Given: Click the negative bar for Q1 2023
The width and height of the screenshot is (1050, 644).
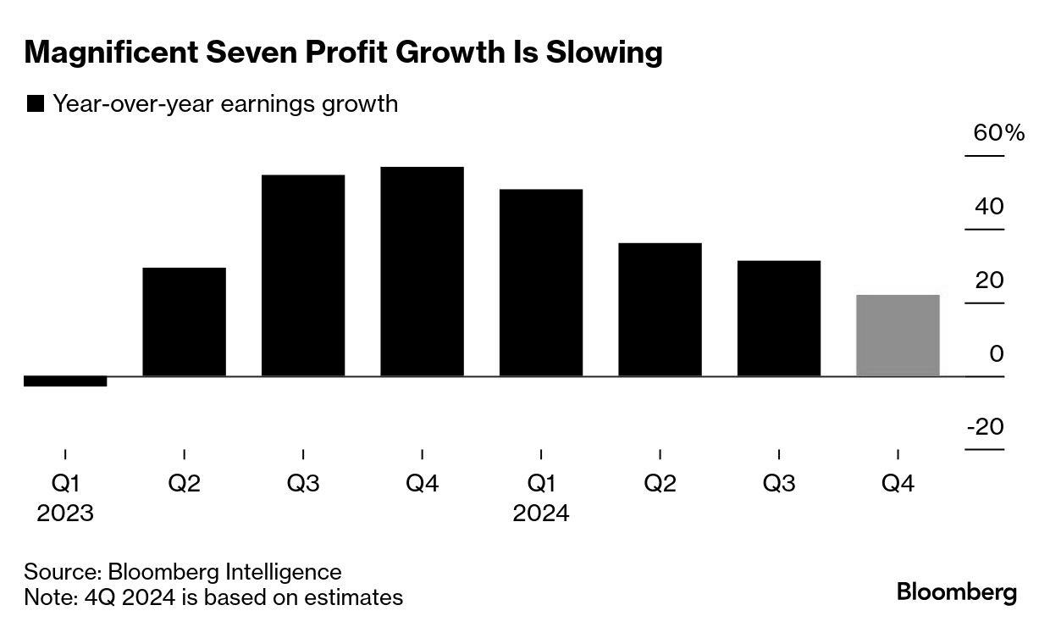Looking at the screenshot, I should [x=65, y=381].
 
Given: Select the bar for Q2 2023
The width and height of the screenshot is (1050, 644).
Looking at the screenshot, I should [x=185, y=322].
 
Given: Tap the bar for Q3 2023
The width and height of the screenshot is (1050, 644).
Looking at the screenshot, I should [x=303, y=275].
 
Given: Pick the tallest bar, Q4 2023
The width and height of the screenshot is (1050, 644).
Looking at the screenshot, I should [x=422, y=271].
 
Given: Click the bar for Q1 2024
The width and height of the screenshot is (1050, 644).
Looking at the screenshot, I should [x=541, y=282].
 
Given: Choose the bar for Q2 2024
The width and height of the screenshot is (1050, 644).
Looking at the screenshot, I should [x=660, y=309].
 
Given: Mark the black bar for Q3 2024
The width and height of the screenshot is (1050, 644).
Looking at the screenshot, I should [x=779, y=319].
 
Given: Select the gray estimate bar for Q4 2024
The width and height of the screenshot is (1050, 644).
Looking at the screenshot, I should [x=898, y=336].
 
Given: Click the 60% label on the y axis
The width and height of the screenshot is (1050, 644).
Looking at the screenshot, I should [x=999, y=133].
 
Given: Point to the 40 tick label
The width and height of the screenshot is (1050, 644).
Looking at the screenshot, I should [x=989, y=207].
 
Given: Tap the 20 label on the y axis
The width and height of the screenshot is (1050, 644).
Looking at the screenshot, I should [x=989, y=280].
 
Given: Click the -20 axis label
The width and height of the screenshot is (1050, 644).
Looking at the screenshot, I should [x=985, y=426].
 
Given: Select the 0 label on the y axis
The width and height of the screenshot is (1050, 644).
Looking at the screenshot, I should [x=997, y=353].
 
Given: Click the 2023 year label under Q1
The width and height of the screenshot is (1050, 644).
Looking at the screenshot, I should [x=65, y=514].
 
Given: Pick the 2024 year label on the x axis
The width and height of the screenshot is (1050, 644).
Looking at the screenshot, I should [x=541, y=514].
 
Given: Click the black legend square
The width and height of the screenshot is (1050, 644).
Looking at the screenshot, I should [x=36, y=104].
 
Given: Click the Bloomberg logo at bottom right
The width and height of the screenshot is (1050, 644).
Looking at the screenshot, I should [x=956, y=591].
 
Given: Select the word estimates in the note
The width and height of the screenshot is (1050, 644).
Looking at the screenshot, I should [x=352, y=597].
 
